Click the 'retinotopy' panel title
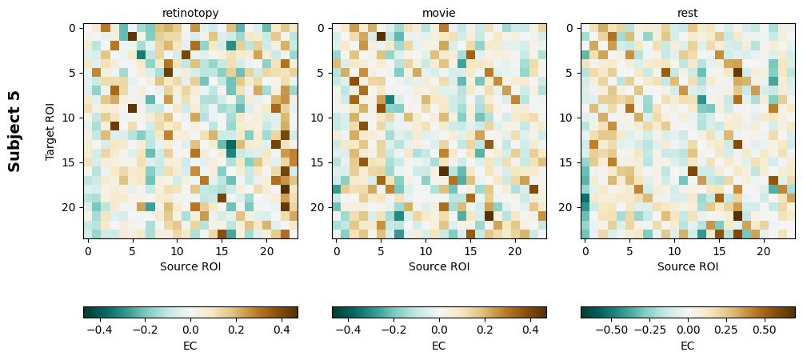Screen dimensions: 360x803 190,13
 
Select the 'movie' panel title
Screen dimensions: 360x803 438,13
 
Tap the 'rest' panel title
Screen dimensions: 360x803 688,13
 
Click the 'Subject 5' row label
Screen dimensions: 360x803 14,131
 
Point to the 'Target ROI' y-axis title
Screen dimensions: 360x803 50,131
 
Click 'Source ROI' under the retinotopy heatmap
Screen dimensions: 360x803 190,266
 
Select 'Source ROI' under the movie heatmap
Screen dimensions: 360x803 438,266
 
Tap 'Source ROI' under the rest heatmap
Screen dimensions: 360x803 688,266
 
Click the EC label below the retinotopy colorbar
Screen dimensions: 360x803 190,346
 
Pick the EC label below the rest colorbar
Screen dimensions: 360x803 688,346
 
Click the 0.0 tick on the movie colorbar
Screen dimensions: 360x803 439,329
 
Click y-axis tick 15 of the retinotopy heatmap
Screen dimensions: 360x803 72,162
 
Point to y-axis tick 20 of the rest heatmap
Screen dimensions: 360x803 569,207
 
